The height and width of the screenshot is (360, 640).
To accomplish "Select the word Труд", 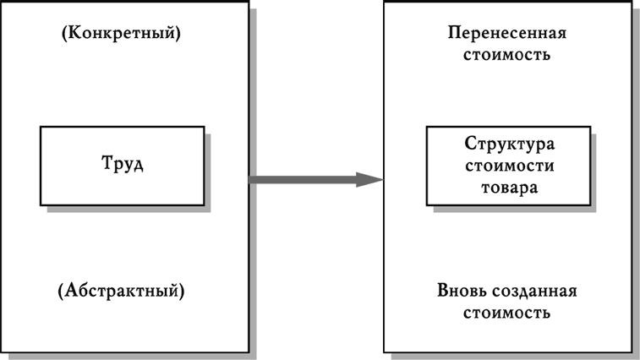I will pyautogui.click(x=122, y=163).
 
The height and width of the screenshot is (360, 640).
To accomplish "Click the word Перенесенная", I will pyautogui.click(x=507, y=35).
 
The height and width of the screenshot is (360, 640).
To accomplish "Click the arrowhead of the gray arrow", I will pyautogui.click(x=369, y=179).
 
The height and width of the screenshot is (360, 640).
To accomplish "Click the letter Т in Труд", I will pyautogui.click(x=106, y=163).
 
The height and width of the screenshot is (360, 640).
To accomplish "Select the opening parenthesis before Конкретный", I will pyautogui.click(x=63, y=35).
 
